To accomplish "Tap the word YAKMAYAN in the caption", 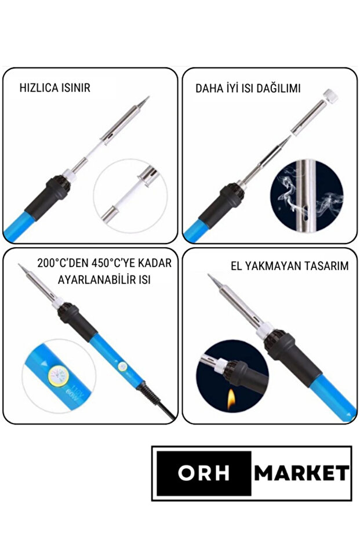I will [272, 266].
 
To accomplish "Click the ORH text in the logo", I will [202, 473].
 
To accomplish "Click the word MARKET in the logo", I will [302, 473].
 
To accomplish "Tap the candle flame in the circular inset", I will [232, 398].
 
